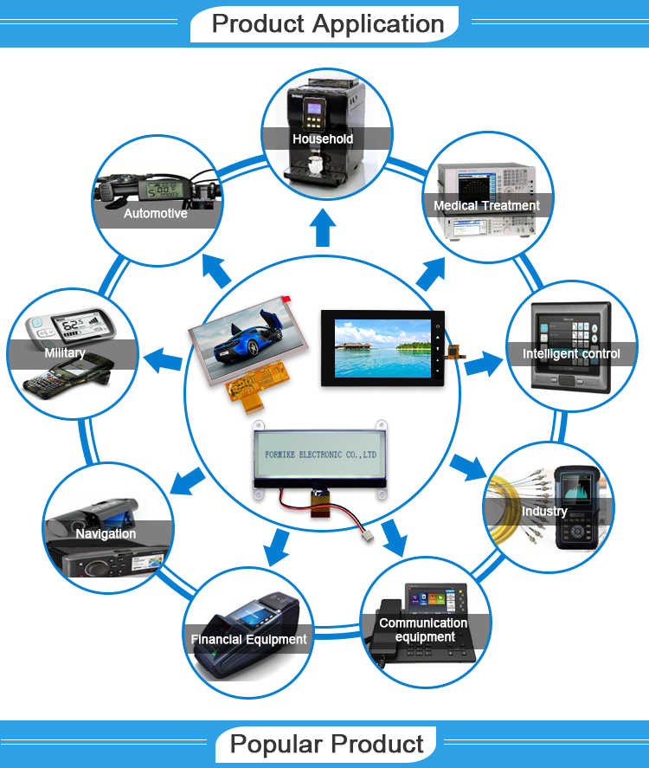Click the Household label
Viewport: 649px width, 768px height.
(x=323, y=139)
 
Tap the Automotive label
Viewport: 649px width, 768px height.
(x=156, y=213)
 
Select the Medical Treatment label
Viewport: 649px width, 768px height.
(x=486, y=206)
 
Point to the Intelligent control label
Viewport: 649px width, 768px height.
(x=571, y=353)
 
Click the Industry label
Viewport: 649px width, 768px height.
(x=544, y=511)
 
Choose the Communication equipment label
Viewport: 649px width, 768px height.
(x=423, y=630)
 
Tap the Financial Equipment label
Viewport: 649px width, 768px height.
(x=248, y=640)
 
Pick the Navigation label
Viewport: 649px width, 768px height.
(x=106, y=533)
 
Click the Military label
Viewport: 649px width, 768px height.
(x=65, y=353)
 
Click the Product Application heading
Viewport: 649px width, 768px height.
(x=328, y=23)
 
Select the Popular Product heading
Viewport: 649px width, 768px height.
(x=327, y=744)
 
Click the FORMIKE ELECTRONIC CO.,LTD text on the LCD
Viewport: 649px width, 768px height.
(x=319, y=453)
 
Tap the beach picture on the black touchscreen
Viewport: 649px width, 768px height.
(x=382, y=347)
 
